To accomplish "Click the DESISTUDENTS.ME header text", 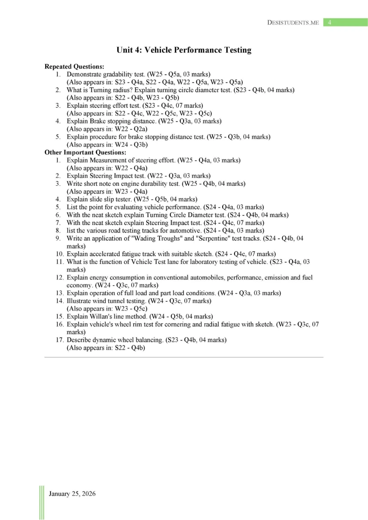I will click(293, 22).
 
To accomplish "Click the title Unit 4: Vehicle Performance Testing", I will click(184, 50).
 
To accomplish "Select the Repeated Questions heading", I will click(74, 67).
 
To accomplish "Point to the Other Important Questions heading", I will click(85, 152).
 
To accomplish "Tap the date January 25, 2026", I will click(72, 494).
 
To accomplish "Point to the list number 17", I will click(60, 339).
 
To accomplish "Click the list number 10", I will click(60, 254).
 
